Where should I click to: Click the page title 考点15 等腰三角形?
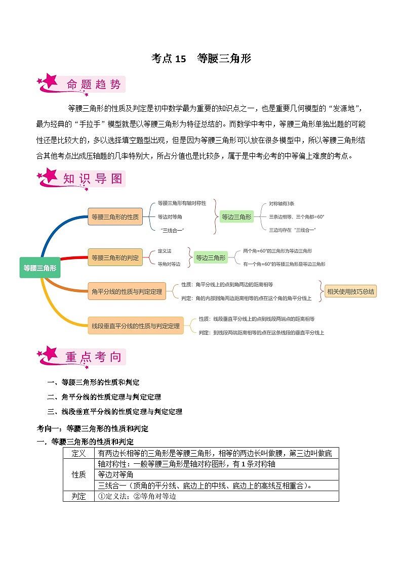(x=201, y=59)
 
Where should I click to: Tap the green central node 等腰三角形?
(x=40, y=268)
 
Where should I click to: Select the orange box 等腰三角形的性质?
(x=115, y=217)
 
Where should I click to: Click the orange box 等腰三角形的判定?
(x=115, y=257)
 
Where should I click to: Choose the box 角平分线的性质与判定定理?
(x=127, y=291)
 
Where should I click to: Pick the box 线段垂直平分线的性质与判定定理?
(x=136, y=326)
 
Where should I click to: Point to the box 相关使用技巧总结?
(x=350, y=291)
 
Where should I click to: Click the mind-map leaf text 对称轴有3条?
(x=282, y=203)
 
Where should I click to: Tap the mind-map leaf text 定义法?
(x=165, y=251)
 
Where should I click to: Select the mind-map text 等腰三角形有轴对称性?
(x=182, y=203)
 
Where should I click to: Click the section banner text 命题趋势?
(x=94, y=84)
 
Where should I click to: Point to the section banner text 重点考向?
(x=94, y=357)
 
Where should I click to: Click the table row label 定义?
(x=78, y=453)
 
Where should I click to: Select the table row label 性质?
(x=78, y=474)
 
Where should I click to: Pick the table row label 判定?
(x=78, y=496)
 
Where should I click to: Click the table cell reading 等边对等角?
(x=115, y=474)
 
